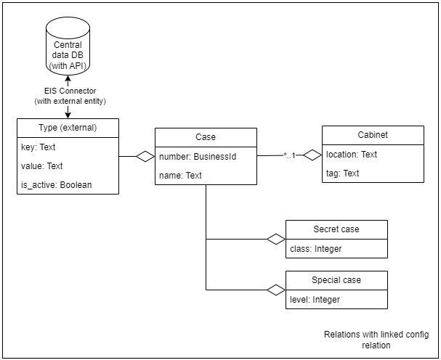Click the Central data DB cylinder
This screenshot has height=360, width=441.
[68, 46]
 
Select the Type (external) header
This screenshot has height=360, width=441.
[68, 128]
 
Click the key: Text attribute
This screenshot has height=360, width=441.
[39, 147]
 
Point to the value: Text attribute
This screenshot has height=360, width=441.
[42, 166]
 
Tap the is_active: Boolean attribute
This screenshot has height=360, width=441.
[57, 185]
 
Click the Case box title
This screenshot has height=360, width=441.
[206, 137]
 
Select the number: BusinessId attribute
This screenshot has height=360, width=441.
[198, 157]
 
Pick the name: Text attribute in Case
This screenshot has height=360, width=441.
[180, 176]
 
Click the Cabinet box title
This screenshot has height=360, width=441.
[373, 135]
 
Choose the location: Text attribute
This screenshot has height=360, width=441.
[352, 155]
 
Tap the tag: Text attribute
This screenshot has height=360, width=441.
[343, 173]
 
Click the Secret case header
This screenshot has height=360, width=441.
[336, 229]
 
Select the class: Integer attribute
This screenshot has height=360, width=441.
[316, 249]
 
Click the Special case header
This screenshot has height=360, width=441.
[336, 280]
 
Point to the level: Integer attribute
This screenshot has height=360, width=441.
[315, 300]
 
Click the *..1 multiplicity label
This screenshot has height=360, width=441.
[290, 155]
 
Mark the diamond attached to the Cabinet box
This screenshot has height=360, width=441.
[312, 155]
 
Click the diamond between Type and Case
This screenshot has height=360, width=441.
[145, 156]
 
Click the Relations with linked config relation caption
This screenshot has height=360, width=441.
[376, 340]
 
